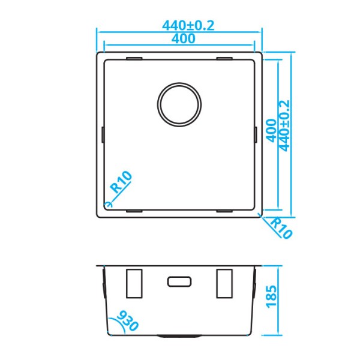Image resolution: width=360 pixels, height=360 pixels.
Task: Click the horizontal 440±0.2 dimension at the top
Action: coord(188,26)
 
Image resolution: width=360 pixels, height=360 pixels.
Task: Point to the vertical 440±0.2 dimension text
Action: coord(284,125)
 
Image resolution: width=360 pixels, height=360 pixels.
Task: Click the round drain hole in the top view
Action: coord(179,103)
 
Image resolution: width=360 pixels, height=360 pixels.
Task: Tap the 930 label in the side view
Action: coord(128,321)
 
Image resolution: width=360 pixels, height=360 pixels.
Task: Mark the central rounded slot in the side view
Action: coord(179,281)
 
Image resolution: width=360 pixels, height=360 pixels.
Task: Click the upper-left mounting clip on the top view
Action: coord(134,59)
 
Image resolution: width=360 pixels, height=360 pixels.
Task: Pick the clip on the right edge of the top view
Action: coord(256,134)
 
